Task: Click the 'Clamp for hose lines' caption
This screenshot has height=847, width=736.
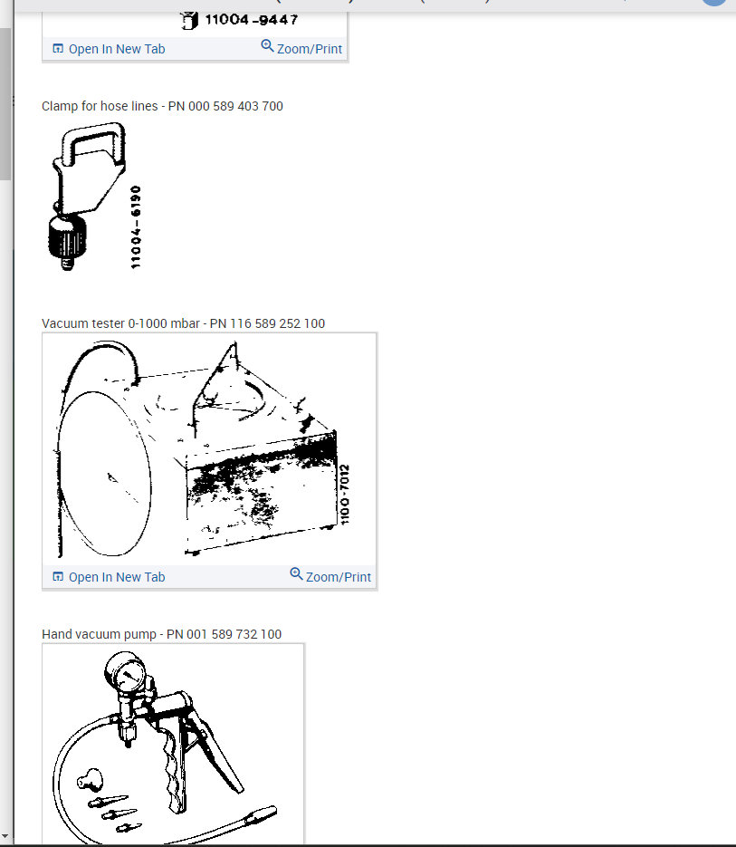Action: (100, 106)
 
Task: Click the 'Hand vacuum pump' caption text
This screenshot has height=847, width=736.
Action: (100, 634)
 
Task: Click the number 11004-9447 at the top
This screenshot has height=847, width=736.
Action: (249, 19)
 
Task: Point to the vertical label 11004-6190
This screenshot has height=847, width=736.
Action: (136, 226)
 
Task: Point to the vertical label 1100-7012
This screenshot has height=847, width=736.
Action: (345, 495)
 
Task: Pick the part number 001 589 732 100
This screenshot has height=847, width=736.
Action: (234, 634)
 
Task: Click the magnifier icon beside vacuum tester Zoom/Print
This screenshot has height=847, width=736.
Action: (296, 574)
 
